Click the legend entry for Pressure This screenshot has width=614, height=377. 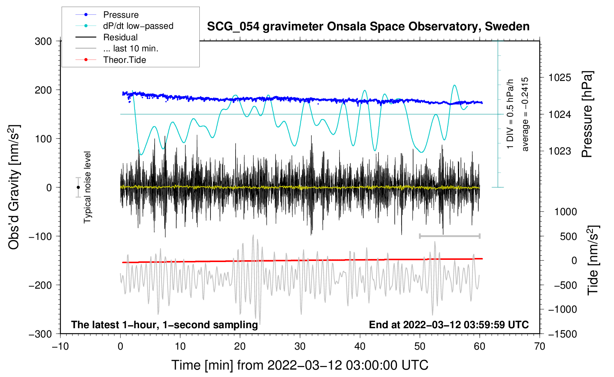pyautogui.click(x=107, y=14)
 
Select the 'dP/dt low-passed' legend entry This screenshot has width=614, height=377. pyautogui.click(x=124, y=26)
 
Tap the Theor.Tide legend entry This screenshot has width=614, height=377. pyautogui.click(x=111, y=60)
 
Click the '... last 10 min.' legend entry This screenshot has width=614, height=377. pyautogui.click(x=117, y=48)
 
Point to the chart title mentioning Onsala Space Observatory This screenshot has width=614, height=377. pyautogui.click(x=368, y=27)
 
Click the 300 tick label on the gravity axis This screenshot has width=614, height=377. pyautogui.click(x=43, y=41)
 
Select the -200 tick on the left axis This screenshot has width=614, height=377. pyautogui.click(x=40, y=285)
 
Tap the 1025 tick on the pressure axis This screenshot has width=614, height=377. pyautogui.click(x=560, y=78)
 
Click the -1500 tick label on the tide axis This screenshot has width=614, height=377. pyautogui.click(x=563, y=334)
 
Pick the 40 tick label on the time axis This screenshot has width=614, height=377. pyautogui.click(x=360, y=346)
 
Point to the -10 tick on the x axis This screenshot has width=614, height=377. pyautogui.click(x=61, y=346)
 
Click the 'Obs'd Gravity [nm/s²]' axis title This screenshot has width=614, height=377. pyautogui.click(x=14, y=187)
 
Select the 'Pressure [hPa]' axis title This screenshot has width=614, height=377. pyautogui.click(x=587, y=114)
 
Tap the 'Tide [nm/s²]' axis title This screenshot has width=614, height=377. pyautogui.click(x=593, y=260)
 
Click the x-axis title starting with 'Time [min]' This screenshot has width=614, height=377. pyautogui.click(x=300, y=365)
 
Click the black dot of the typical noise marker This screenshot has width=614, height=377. pyautogui.click(x=78, y=187)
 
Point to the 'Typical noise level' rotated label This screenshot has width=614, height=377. pyautogui.click(x=87, y=187)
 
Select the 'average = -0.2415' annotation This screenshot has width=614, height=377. pyautogui.click(x=525, y=114)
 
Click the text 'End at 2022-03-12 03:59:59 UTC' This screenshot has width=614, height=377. pyautogui.click(x=449, y=325)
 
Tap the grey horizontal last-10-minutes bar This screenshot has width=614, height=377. pyautogui.click(x=450, y=236)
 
